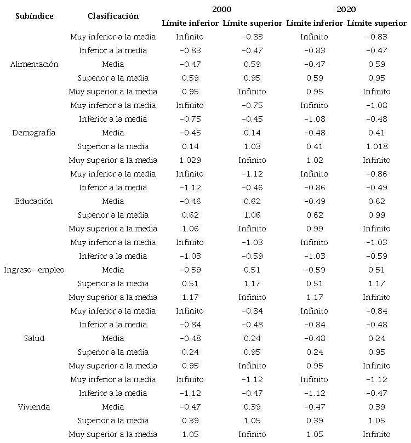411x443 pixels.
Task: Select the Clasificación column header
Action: (x=113, y=16)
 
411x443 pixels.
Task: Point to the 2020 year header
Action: (x=346, y=9)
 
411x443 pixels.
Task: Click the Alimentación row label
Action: (x=34, y=64)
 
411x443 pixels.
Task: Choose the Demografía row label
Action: (x=34, y=133)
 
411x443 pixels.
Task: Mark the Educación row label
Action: (x=34, y=201)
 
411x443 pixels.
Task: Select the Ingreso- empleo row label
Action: (x=34, y=270)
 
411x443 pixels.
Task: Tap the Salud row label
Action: (x=34, y=338)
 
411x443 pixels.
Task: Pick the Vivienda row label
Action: (x=34, y=407)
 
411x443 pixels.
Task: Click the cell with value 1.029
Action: (x=190, y=160)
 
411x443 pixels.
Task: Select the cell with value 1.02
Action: (x=315, y=160)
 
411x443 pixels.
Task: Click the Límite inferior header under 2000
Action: (x=190, y=23)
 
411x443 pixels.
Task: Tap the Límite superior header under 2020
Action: (x=376, y=23)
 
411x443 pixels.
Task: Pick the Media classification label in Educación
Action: (x=113, y=201)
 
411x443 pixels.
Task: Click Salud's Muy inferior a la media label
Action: (x=113, y=311)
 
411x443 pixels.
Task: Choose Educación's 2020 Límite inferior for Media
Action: (x=315, y=201)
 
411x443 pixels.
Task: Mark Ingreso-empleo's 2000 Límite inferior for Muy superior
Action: (x=190, y=297)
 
